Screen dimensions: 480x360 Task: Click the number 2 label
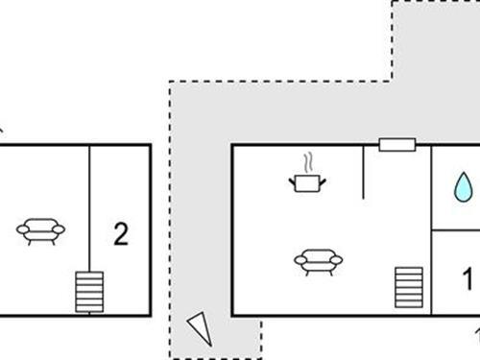[x=120, y=233]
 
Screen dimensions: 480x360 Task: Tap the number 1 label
[x=468, y=280]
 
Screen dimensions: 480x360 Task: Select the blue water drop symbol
[x=464, y=186]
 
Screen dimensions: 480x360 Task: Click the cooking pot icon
[x=308, y=181]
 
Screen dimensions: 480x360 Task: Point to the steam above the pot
[x=308, y=161]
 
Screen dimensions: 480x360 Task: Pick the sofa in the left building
[x=40, y=229]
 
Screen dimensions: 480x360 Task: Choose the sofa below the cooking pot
[x=317, y=260]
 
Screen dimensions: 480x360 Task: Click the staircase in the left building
[x=89, y=292]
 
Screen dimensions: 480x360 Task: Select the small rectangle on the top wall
[x=396, y=144]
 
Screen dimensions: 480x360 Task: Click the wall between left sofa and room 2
[x=89, y=206]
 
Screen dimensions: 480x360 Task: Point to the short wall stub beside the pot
[x=363, y=173]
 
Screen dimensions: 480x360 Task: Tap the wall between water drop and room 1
[x=456, y=229]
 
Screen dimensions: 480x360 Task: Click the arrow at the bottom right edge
[x=476, y=334]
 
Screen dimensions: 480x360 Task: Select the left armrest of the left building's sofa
[x=22, y=228]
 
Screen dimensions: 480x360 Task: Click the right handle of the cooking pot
[x=324, y=178]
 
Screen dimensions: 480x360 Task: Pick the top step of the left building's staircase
[x=89, y=276]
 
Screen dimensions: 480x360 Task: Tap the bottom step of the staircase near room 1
[x=409, y=304]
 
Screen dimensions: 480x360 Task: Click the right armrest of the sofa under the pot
[x=335, y=258]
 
